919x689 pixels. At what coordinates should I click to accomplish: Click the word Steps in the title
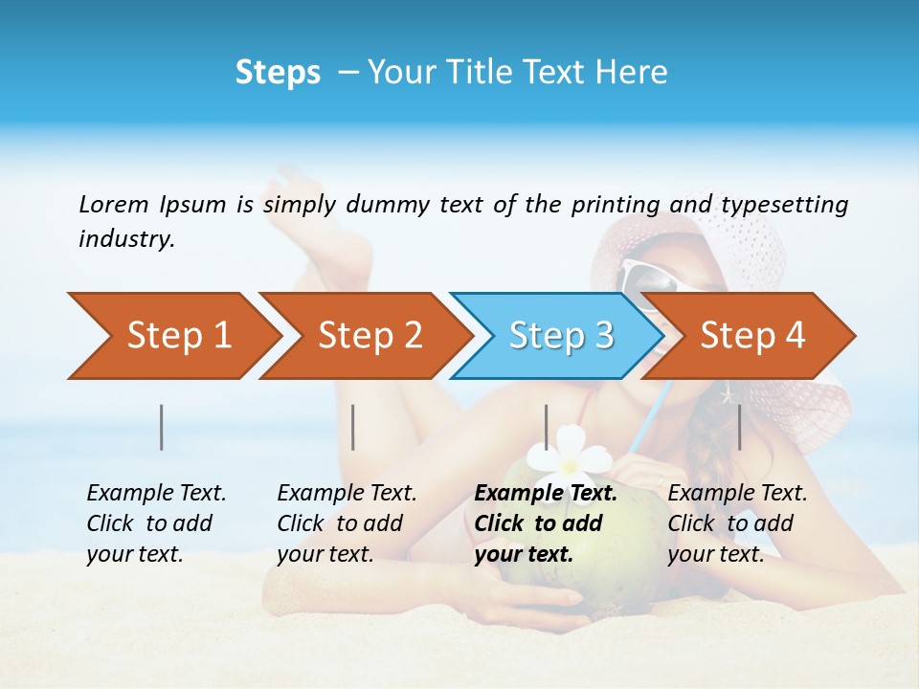pyautogui.click(x=278, y=73)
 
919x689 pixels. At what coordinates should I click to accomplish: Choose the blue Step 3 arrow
pyautogui.click(x=559, y=336)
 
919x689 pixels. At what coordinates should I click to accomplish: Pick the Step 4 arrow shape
pyautogui.click(x=751, y=336)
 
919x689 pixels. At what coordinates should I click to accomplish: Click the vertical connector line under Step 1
pyautogui.click(x=162, y=427)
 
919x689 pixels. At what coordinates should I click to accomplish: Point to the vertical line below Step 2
pyautogui.click(x=353, y=427)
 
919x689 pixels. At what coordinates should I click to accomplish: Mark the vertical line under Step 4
pyautogui.click(x=739, y=427)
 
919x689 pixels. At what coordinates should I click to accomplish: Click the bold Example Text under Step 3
pyautogui.click(x=546, y=523)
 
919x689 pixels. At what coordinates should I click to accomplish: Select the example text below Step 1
pyautogui.click(x=156, y=523)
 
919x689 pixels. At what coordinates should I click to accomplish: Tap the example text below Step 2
pyautogui.click(x=347, y=523)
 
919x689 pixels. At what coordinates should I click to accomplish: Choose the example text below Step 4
pyautogui.click(x=737, y=523)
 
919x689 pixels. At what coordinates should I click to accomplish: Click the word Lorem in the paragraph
pyautogui.click(x=113, y=205)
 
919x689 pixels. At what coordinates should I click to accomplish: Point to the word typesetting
pyautogui.click(x=784, y=205)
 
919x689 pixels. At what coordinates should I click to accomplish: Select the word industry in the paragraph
pyautogui.click(x=126, y=239)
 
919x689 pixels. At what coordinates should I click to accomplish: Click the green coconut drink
pyautogui.click(x=536, y=498)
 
